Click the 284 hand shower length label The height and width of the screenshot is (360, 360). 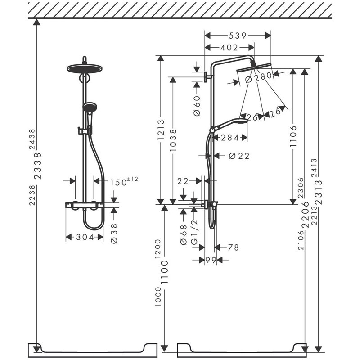tap(230, 137)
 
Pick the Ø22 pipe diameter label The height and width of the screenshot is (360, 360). tap(238, 156)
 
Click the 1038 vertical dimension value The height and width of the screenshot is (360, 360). tap(173, 140)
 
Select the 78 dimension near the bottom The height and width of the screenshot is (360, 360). tap(233, 247)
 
